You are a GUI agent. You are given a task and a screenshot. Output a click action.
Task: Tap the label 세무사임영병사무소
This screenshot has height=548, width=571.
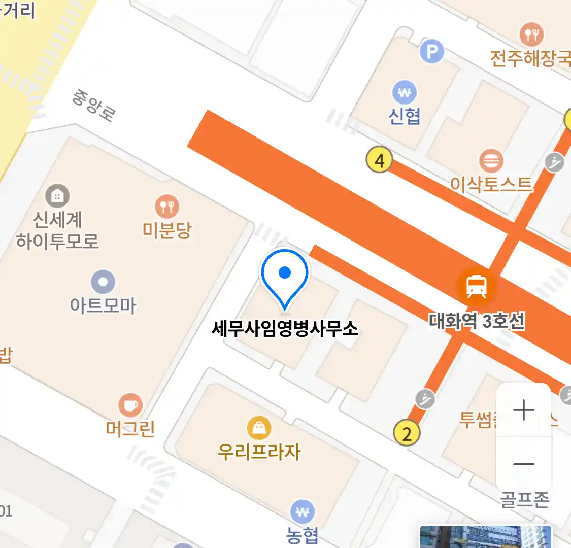285,328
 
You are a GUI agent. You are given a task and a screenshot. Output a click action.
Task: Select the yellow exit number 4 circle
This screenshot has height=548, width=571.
379,160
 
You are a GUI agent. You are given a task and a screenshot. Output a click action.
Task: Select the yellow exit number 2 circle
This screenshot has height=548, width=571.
407,433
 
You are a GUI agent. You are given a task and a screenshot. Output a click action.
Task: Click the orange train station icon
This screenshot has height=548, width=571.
476,285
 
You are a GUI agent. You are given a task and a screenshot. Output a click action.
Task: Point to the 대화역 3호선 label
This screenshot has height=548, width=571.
477,321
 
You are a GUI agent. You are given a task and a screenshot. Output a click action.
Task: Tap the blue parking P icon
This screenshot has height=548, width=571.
431,51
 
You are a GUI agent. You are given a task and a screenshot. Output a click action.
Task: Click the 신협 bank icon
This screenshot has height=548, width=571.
405,93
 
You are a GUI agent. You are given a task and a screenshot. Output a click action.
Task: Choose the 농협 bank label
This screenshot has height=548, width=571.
303,535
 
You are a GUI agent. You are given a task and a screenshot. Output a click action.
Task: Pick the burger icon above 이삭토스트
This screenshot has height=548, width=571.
491,161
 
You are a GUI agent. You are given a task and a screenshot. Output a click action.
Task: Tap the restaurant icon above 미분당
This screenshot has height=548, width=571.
167,207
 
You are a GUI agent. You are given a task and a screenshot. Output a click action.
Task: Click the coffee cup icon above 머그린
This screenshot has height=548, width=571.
130,405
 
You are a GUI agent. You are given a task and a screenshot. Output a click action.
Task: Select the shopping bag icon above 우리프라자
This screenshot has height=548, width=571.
259,428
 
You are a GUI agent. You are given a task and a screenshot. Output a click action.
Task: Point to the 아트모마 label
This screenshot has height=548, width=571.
104,305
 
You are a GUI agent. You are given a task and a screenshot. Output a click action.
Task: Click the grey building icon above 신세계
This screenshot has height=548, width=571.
57,196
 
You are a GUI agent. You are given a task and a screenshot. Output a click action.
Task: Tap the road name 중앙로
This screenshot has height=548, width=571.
93,105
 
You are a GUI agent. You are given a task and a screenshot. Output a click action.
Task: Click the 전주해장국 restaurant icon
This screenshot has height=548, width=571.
531,35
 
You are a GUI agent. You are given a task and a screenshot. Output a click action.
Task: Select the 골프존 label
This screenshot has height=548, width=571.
524,500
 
